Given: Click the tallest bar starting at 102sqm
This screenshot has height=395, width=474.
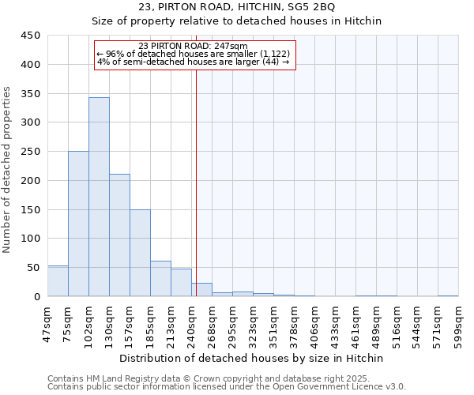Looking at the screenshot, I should click(99, 197).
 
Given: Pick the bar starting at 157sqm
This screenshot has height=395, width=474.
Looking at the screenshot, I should click(140, 253).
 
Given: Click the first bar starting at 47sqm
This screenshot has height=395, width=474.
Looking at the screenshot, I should click(58, 281).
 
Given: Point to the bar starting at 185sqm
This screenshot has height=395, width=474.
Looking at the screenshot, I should click(160, 279).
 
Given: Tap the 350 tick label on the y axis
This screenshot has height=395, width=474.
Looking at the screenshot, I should click(30, 93).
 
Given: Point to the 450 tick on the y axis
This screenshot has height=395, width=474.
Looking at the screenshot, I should click(30, 36).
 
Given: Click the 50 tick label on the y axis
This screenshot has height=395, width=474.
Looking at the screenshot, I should click(33, 268).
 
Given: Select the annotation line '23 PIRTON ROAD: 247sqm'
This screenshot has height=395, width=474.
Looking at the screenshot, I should click(193, 46).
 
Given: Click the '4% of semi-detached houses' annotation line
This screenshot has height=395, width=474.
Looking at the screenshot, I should click(193, 62).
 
